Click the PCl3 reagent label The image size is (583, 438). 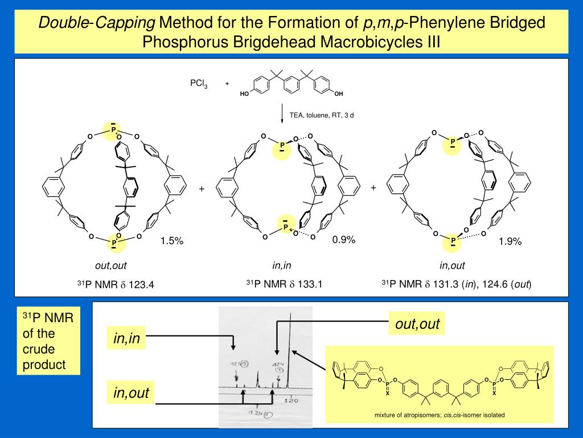[x=199, y=84]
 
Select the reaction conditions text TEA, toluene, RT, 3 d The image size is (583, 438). [x=321, y=115]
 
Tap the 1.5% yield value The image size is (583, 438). [x=171, y=241]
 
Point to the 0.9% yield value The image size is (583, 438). [x=344, y=240]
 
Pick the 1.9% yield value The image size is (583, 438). [x=510, y=242]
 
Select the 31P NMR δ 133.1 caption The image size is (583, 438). [x=284, y=283]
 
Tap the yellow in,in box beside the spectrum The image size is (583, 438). [x=127, y=340]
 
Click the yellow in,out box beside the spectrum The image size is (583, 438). [x=131, y=392]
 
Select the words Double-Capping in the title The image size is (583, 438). [x=97, y=23]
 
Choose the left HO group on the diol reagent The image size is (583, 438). [x=244, y=94]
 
